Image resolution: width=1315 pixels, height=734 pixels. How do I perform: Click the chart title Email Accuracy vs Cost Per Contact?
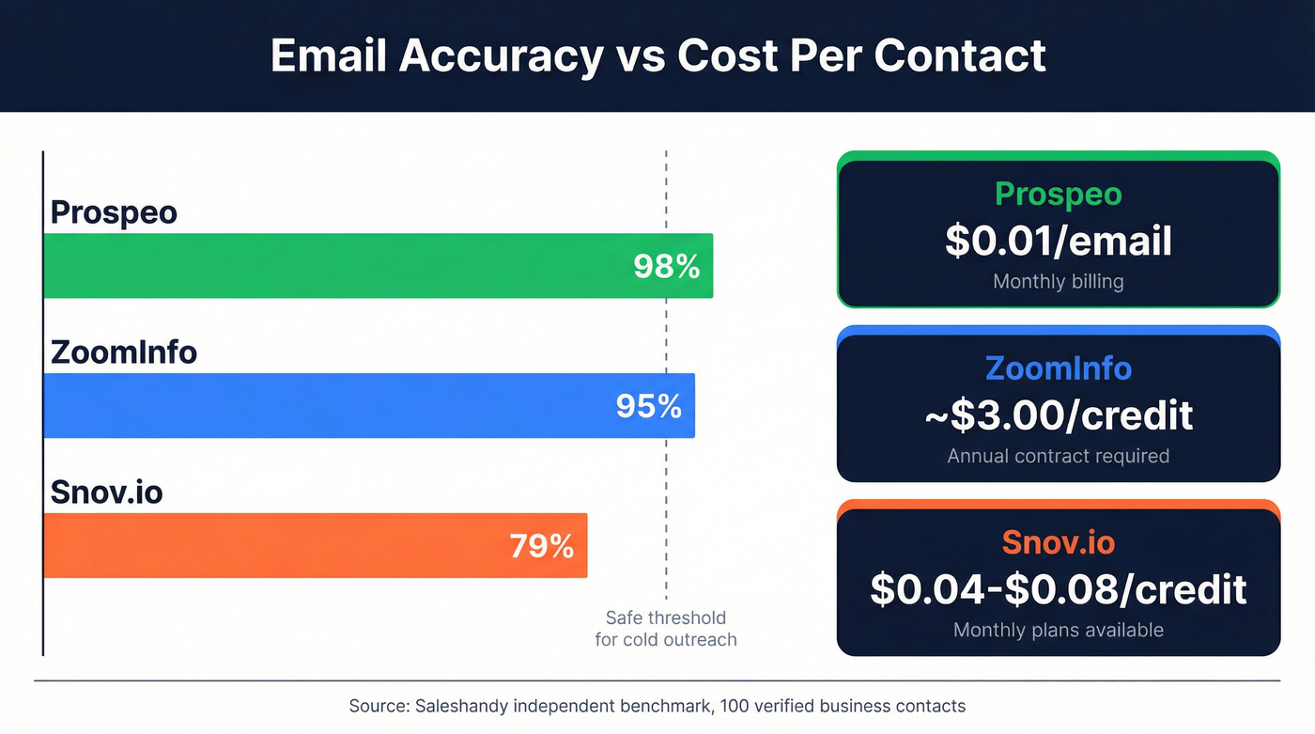tap(657, 55)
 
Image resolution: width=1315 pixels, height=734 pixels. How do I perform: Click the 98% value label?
tap(667, 267)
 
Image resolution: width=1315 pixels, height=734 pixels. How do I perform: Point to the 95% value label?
tap(649, 406)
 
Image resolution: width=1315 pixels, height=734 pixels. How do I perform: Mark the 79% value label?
tap(542, 546)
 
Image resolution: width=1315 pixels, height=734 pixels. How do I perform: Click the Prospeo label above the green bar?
tap(114, 212)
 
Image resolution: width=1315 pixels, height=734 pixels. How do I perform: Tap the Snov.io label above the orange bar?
tap(106, 492)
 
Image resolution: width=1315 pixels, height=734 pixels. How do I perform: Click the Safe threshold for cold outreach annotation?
tap(666, 629)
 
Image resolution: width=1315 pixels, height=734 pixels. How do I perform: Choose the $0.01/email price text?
tap(1059, 241)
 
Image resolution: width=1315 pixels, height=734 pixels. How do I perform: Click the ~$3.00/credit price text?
tap(1059, 414)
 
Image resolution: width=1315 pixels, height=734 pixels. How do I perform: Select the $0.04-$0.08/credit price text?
tap(1059, 589)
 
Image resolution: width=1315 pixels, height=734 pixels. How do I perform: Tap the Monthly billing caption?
tap(1059, 281)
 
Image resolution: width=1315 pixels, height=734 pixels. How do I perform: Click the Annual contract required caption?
tap(1059, 456)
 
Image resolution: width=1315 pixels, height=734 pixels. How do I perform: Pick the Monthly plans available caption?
tap(1059, 630)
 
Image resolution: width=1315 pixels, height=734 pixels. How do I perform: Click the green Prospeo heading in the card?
tap(1059, 194)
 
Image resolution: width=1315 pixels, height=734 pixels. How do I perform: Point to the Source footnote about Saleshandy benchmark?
tap(657, 706)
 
